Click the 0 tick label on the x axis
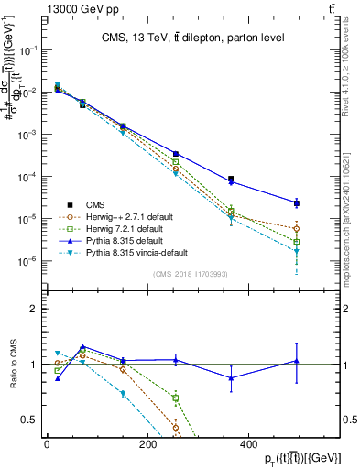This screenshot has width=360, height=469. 47,445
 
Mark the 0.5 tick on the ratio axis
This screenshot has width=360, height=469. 31,420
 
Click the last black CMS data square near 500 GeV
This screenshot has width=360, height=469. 297,202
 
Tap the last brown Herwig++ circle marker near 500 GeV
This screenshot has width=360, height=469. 297,229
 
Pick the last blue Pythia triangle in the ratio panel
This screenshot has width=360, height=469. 297,361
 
